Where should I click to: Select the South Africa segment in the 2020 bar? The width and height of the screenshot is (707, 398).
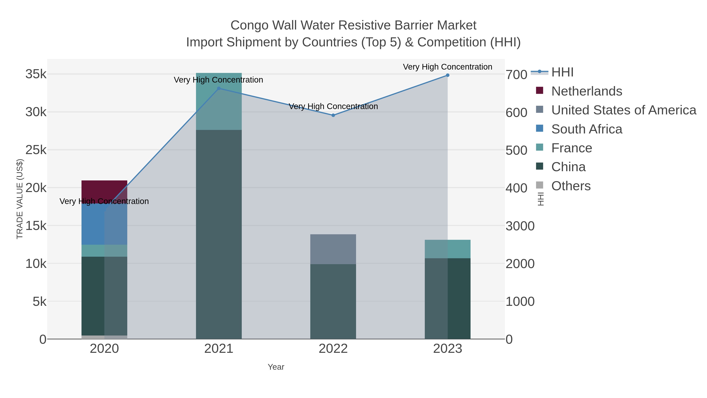(x=93, y=224)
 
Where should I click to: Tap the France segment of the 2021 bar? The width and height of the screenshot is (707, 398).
(x=219, y=110)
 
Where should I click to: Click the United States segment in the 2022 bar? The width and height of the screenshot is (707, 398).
(x=333, y=249)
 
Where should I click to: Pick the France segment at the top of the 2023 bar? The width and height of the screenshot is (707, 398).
(x=447, y=249)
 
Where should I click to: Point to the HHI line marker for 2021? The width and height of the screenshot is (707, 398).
(x=219, y=88)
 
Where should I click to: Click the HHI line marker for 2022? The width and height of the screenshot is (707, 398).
(x=333, y=115)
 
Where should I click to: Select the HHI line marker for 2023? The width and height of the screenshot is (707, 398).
(x=447, y=75)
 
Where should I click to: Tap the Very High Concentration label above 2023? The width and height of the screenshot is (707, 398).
(x=447, y=67)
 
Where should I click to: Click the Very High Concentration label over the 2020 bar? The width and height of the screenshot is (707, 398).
(x=104, y=201)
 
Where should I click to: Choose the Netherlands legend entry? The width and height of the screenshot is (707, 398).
(x=586, y=91)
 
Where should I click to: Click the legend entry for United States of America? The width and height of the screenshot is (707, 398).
(x=623, y=110)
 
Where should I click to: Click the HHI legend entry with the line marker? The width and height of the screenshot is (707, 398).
(x=562, y=72)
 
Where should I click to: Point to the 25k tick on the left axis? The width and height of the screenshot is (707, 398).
(x=36, y=150)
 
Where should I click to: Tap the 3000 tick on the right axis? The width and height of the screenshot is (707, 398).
(x=520, y=226)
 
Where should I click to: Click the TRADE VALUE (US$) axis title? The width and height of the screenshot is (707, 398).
(x=20, y=199)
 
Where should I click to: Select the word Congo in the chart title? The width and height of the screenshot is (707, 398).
(x=249, y=25)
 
